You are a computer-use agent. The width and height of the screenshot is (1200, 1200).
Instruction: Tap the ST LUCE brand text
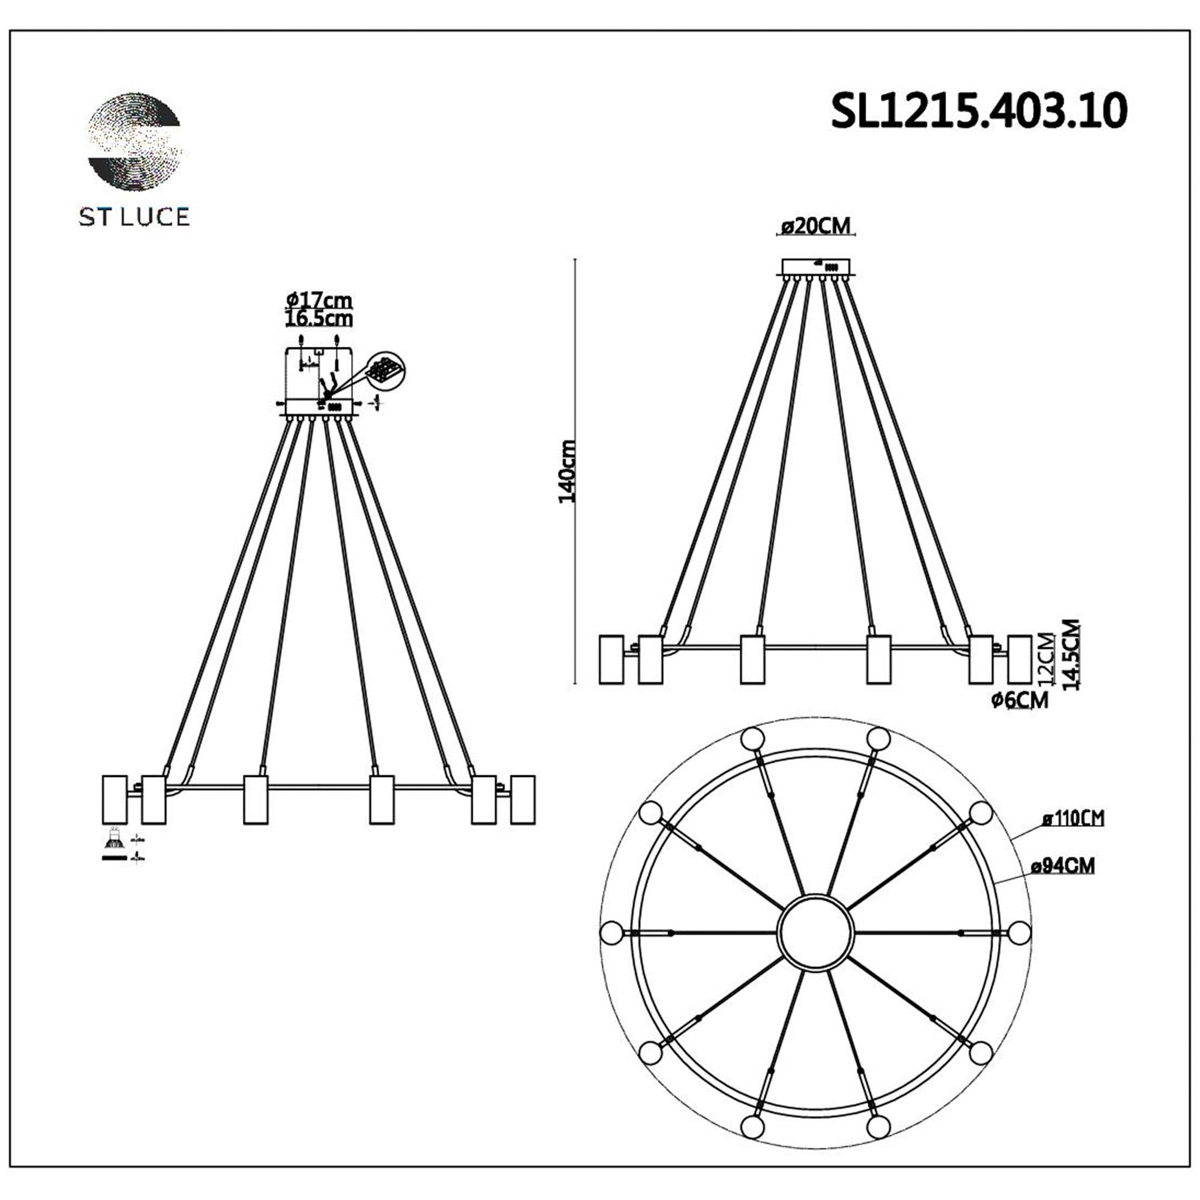pyautogui.click(x=134, y=217)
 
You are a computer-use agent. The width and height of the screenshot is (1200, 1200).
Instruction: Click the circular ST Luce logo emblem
pyautogui.click(x=135, y=141)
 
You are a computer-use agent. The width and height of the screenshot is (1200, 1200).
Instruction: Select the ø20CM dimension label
pyautogui.click(x=816, y=227)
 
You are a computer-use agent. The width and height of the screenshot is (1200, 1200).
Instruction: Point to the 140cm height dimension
pyautogui.click(x=566, y=472)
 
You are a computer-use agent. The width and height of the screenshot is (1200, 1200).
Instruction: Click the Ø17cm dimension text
pyautogui.click(x=319, y=300)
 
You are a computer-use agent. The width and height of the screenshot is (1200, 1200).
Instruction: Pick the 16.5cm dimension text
pyautogui.click(x=319, y=319)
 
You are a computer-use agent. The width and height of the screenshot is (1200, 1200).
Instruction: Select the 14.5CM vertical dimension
pyautogui.click(x=1071, y=655)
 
